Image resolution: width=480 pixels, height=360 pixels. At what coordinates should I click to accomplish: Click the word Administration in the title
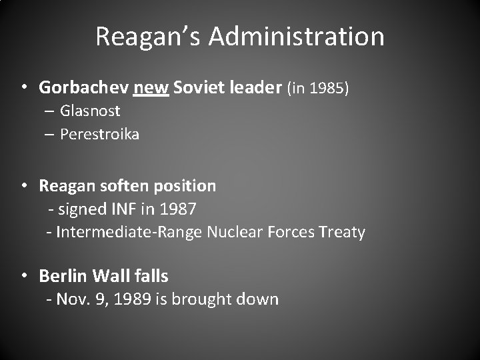point(296,36)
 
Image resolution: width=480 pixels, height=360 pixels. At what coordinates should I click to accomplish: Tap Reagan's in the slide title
point(148,36)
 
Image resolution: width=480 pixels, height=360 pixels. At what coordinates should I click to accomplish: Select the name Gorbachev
point(83,87)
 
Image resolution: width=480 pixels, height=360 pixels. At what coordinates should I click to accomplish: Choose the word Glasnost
point(90,111)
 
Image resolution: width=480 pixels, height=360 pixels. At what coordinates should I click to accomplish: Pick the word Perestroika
point(99,134)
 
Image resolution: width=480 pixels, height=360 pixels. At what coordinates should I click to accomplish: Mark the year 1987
point(177,209)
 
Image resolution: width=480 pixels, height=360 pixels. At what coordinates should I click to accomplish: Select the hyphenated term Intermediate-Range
point(129,232)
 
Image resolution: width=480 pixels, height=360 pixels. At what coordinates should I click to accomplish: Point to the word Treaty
point(341,232)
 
